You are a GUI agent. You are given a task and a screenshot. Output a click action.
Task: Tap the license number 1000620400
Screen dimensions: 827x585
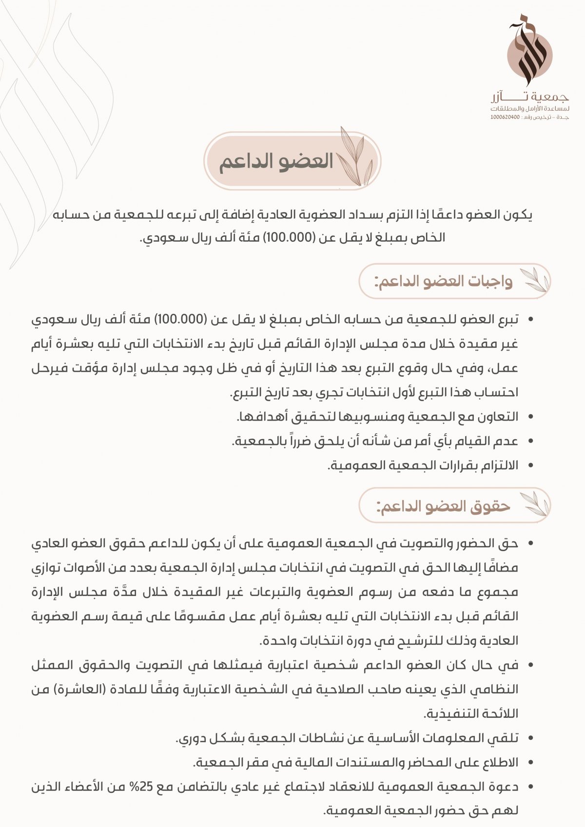tap(505, 117)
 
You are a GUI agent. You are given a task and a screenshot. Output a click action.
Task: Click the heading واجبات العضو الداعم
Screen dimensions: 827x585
tap(444, 282)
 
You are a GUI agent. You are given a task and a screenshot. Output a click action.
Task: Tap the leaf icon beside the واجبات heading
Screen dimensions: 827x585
tap(535, 280)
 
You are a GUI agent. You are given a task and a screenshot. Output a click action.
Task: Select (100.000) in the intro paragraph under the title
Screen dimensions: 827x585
tap(289, 238)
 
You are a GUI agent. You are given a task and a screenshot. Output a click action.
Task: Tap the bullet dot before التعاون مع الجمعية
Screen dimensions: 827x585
tap(530, 417)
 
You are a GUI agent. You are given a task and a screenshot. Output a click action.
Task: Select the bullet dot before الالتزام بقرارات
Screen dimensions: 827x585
tap(530, 466)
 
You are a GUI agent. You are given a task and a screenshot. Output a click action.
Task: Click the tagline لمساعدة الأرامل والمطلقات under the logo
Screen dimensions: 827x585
tap(530, 108)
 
